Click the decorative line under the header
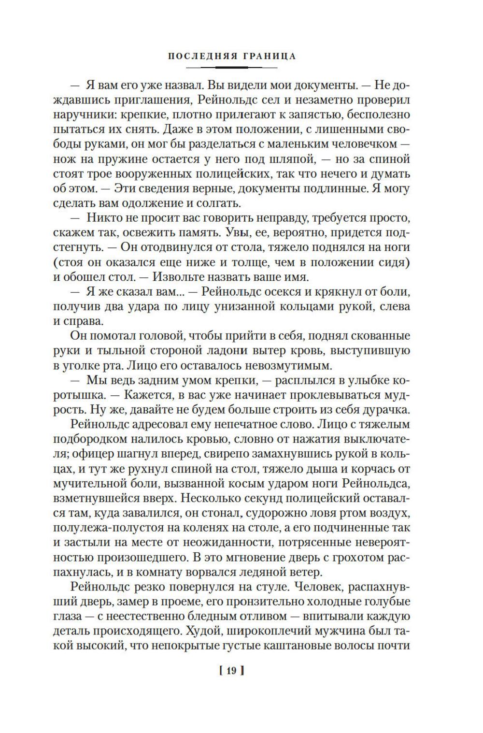(232, 67)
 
